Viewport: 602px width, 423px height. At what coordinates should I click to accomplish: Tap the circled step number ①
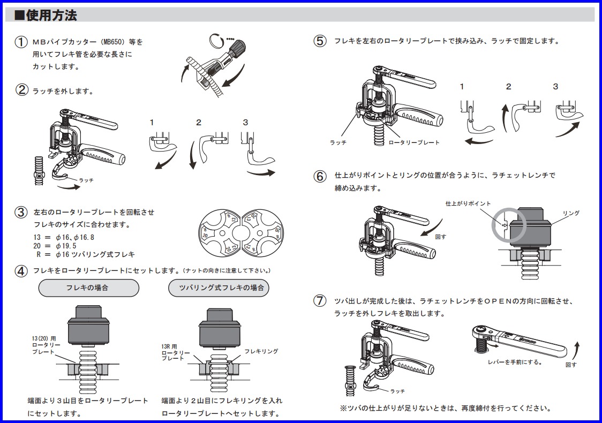(x=21, y=42)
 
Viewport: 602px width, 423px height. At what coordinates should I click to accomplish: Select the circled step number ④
(x=21, y=271)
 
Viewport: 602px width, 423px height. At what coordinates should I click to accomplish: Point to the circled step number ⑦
(x=320, y=300)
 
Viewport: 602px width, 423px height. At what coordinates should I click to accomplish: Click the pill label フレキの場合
(x=88, y=288)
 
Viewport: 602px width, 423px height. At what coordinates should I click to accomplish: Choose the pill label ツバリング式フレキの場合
(x=219, y=288)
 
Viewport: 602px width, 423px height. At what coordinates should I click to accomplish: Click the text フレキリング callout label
(x=261, y=351)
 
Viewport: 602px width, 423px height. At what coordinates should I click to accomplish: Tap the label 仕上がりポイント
(x=468, y=203)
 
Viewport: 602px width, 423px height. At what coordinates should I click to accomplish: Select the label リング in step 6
(x=571, y=213)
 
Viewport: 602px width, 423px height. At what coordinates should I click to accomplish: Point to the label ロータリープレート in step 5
(x=414, y=142)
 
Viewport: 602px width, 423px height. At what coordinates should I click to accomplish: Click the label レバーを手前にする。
(x=515, y=362)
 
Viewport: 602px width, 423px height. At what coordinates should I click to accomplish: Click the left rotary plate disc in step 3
(x=220, y=232)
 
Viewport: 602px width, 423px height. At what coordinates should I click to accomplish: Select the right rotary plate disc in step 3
(x=262, y=232)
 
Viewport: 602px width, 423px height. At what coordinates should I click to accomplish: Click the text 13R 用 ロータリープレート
(x=175, y=352)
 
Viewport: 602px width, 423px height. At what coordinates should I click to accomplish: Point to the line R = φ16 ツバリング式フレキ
(x=85, y=254)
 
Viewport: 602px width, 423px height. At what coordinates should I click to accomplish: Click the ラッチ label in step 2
(x=86, y=180)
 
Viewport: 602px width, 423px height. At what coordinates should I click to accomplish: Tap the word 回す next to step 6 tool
(x=441, y=237)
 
